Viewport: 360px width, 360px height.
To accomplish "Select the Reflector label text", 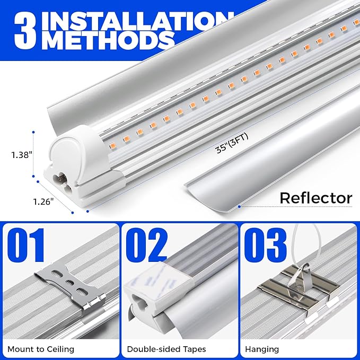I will point(315,198).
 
